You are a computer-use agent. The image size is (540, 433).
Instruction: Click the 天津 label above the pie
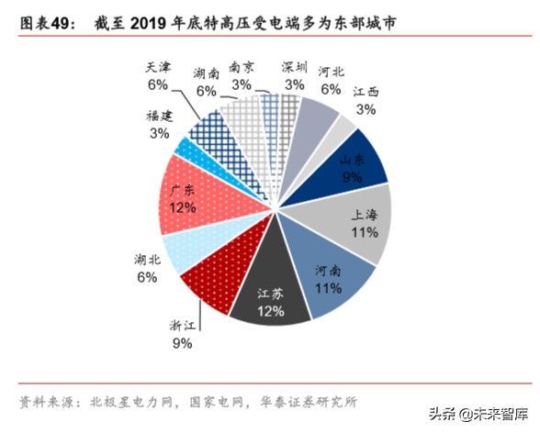coord(157,67)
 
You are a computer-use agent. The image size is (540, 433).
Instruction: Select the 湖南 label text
coord(206,73)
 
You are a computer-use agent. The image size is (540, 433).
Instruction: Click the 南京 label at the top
coord(242,67)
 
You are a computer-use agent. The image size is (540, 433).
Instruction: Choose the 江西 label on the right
coord(366,92)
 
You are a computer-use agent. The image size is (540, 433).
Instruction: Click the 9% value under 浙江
coord(180,343)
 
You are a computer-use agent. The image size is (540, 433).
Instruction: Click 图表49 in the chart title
coord(42,19)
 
